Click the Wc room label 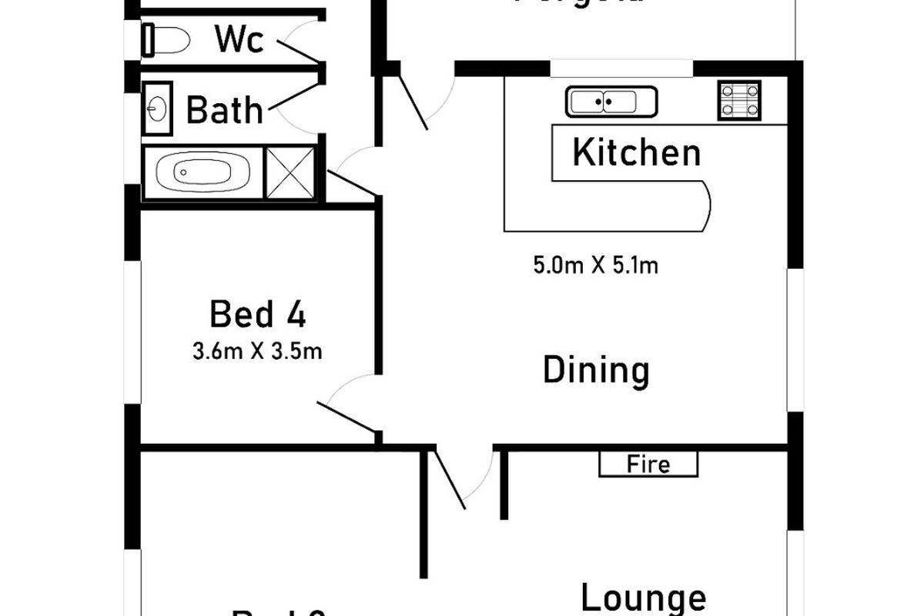[239, 39]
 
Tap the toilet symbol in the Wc [166, 40]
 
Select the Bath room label [225, 111]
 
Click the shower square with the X [290, 172]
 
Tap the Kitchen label [636, 152]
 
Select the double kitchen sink [611, 102]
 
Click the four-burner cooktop [739, 100]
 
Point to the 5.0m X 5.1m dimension [596, 266]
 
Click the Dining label [596, 370]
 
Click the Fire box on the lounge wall [648, 464]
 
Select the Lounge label [642, 598]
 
